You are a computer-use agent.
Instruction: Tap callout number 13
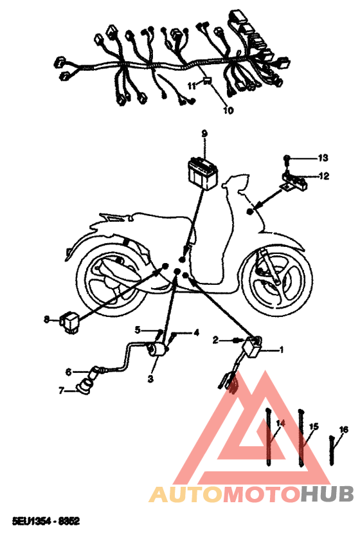click(x=323, y=158)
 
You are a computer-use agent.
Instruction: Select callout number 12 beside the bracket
click(x=324, y=176)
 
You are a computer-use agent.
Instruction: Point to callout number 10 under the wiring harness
click(x=228, y=111)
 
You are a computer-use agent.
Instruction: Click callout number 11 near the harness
click(x=192, y=86)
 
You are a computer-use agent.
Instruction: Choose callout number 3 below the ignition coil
click(x=150, y=378)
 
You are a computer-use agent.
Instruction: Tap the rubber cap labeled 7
click(x=84, y=388)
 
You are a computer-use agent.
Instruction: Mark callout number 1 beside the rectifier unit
click(x=282, y=350)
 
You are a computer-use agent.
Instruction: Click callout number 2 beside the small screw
click(x=215, y=340)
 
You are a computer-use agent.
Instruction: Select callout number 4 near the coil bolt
click(x=196, y=332)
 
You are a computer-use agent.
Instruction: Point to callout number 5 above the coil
click(x=138, y=330)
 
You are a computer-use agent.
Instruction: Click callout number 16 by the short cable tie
click(x=344, y=430)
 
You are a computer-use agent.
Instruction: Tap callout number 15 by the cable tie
click(x=314, y=426)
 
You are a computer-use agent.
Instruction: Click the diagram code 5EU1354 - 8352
click(x=46, y=521)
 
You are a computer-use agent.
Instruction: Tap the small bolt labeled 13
click(x=287, y=158)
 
